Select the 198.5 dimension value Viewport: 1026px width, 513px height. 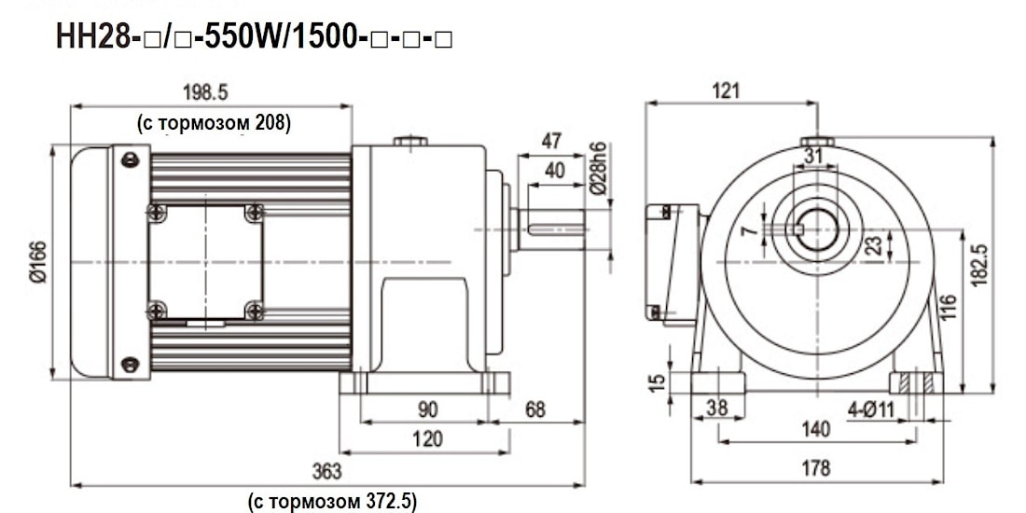tap(206, 91)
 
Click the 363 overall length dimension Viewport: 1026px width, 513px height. tap(327, 471)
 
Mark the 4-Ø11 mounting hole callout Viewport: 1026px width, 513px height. tap(871, 408)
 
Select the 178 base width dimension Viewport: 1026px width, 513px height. tap(815, 468)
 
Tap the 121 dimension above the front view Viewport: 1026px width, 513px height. tap(725, 90)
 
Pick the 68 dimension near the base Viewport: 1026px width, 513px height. tap(535, 409)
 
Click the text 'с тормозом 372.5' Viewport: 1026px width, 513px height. tap(331, 502)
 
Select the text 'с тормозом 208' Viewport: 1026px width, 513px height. tap(214, 122)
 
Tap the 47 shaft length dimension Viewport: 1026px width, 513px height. tap(552, 141)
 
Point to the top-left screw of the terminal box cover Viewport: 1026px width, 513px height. tap(156, 213)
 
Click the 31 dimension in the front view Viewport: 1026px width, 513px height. tap(813, 156)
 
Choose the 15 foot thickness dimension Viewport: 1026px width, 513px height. tap(657, 381)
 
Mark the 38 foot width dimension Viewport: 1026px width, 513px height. tap(716, 408)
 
